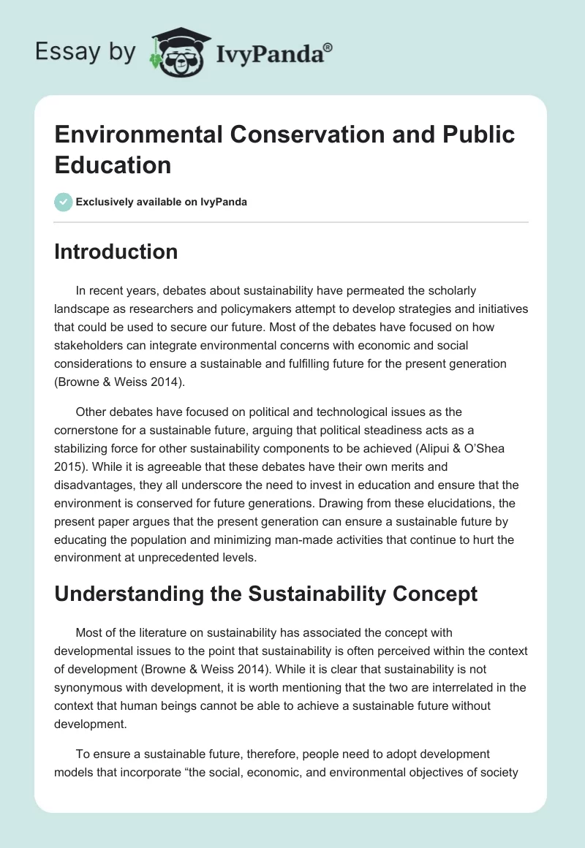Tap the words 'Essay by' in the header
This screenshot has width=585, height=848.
click(85, 51)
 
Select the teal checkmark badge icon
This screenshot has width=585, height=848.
click(64, 202)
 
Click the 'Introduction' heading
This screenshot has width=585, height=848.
click(116, 251)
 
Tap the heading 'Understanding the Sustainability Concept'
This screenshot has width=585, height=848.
click(266, 594)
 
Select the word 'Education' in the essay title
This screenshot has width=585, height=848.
click(113, 164)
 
